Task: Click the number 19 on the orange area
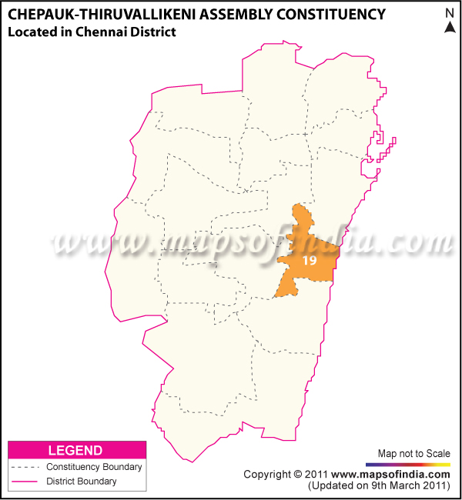(310, 262)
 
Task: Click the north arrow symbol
(450, 28)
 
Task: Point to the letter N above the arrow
(450, 12)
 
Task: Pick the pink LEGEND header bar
(75, 450)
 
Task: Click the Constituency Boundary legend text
(94, 467)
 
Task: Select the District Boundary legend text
(82, 482)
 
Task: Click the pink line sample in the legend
(25, 482)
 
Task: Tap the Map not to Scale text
(413, 453)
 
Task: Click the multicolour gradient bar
(408, 465)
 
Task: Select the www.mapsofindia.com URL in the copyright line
(391, 475)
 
